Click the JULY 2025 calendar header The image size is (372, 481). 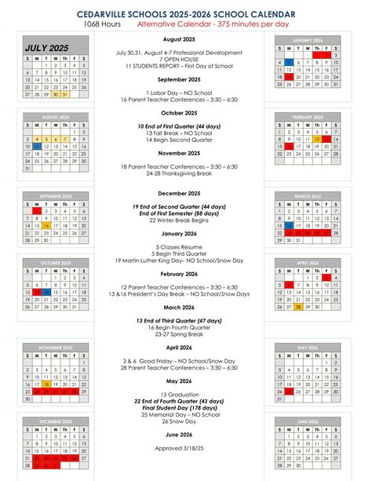click(x=46, y=49)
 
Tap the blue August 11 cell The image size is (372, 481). click(x=37, y=146)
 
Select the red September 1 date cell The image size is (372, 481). click(x=37, y=210)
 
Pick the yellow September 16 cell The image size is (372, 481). click(x=46, y=225)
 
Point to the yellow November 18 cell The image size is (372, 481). click(x=46, y=384)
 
